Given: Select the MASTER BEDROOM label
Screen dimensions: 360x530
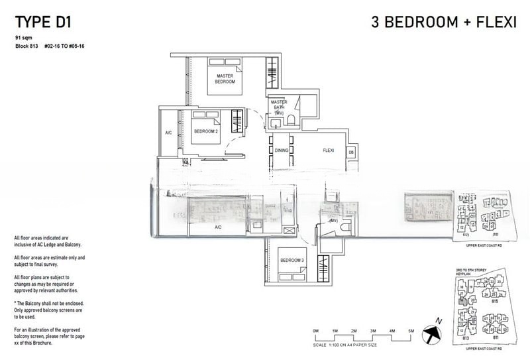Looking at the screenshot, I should (225, 78).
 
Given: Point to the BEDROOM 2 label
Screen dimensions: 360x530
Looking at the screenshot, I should (205, 131).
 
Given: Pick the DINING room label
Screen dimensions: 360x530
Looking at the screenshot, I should (282, 150).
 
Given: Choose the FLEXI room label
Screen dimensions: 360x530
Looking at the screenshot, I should (328, 150).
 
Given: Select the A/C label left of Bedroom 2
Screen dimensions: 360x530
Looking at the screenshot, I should (168, 133).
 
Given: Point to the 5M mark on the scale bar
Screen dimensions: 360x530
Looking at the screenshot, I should (411, 330).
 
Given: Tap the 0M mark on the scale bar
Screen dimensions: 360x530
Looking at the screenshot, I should (316, 330).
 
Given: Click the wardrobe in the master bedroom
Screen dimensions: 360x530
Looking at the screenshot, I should (272, 74).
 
